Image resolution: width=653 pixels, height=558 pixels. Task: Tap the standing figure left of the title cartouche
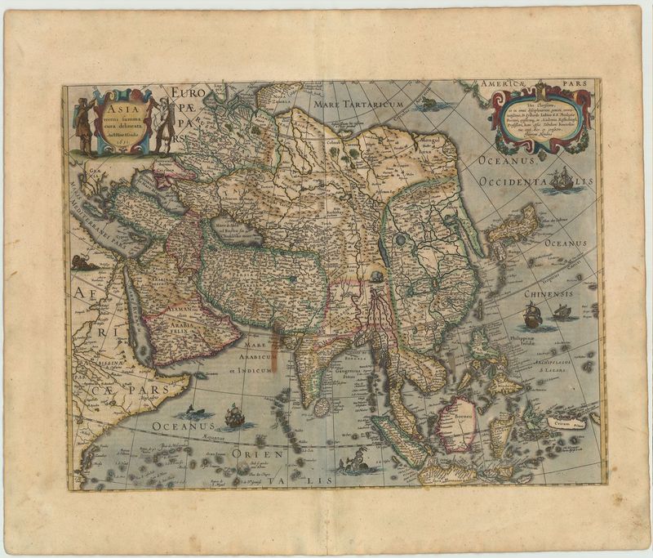82,127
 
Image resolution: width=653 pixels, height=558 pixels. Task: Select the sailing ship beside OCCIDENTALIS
561,178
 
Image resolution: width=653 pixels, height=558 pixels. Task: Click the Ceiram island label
559,425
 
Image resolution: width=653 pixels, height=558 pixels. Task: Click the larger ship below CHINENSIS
531,315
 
